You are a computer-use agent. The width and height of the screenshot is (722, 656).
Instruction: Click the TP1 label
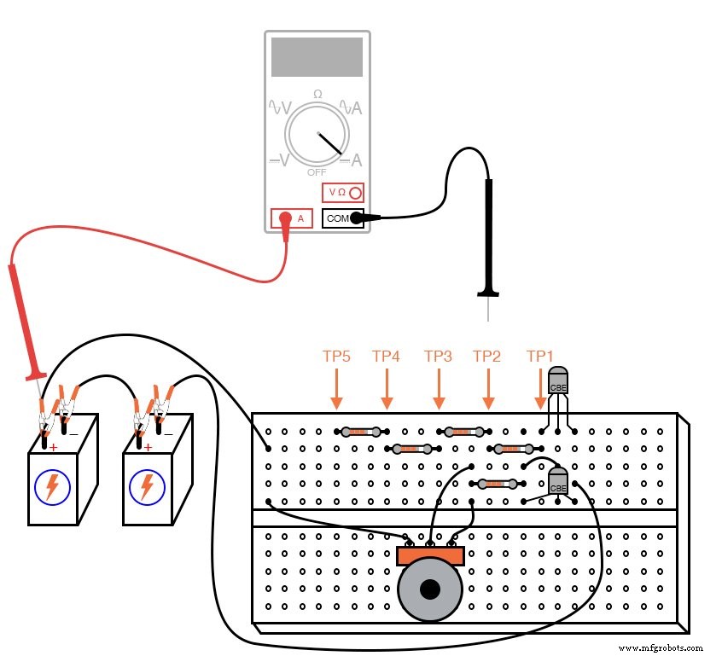pos(539,356)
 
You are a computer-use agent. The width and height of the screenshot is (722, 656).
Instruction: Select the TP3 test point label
pos(438,356)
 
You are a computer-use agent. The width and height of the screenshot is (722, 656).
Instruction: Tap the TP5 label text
pos(336,356)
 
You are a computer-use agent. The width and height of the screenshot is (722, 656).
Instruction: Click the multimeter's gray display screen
pos(317,56)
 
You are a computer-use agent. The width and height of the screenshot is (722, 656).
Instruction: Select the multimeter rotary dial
pos(317,136)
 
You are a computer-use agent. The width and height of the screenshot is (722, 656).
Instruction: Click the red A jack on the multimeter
pos(291,218)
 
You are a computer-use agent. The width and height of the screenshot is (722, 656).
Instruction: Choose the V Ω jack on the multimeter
pos(343,193)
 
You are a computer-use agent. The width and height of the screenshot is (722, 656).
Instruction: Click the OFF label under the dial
pos(317,172)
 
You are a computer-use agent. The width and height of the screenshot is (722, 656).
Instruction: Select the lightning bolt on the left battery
pos(53,487)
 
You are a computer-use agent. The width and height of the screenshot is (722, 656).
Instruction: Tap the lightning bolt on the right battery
pos(147,487)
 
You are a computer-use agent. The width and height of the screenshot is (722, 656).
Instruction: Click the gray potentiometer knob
pos(430,589)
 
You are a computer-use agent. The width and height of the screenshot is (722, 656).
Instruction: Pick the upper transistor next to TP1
pos(557,381)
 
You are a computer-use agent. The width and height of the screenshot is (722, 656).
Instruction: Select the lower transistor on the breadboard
pos(558,482)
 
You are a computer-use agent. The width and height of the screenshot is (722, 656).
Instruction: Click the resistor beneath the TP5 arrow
pos(362,432)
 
